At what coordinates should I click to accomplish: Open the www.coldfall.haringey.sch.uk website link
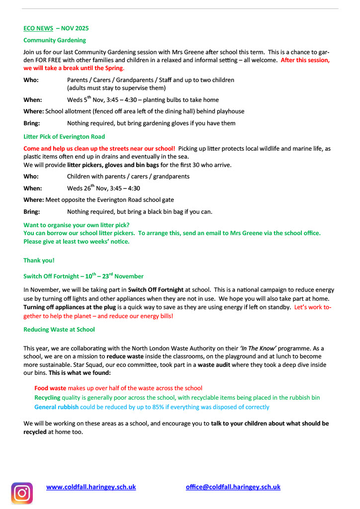[x=91, y=487]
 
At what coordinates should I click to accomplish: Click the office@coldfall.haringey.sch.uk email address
[x=233, y=487]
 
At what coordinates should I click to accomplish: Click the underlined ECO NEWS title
[x=38, y=28]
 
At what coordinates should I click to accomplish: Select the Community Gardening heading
[x=55, y=40]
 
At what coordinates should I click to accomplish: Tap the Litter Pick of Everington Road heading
[x=64, y=137]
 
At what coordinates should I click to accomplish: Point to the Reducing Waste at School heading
[x=59, y=330]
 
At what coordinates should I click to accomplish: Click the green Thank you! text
[x=39, y=260]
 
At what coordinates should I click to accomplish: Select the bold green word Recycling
[x=47, y=398]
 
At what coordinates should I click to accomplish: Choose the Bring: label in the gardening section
[x=32, y=123]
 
